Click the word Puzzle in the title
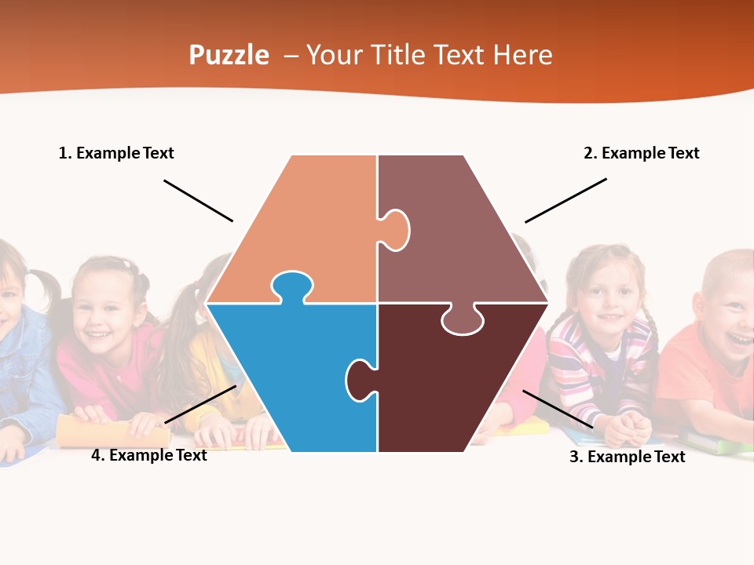[x=229, y=55]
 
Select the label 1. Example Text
[x=116, y=153]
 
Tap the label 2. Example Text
[x=641, y=153]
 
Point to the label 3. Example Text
[x=627, y=457]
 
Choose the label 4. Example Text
[x=148, y=455]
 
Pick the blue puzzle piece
[x=298, y=369]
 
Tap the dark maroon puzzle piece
[x=456, y=385]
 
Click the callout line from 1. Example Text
[x=198, y=201]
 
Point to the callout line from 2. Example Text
[x=565, y=201]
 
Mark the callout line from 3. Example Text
[x=558, y=409]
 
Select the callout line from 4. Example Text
[x=200, y=405]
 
